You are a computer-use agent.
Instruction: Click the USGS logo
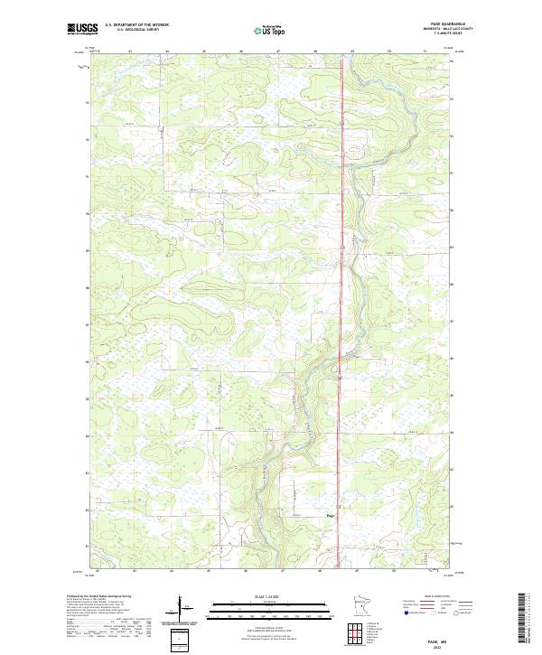click(82, 29)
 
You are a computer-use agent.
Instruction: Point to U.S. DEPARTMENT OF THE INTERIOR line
click(136, 24)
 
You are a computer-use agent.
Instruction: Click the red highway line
click(341, 271)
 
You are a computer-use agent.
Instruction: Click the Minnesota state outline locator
click(360, 607)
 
